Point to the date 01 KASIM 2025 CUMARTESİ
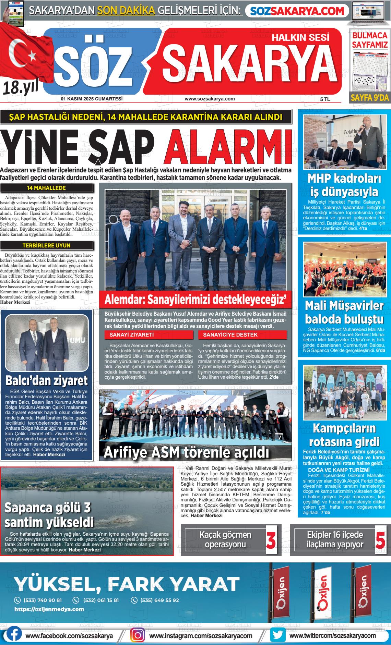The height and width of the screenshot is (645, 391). pos(92,99)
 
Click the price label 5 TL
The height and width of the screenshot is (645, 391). pos(325,99)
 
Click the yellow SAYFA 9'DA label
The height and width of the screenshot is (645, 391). pos(370,98)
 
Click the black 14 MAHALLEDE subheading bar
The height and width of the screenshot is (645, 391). pos(47,188)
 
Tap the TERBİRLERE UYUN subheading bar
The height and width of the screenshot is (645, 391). pos(47,245)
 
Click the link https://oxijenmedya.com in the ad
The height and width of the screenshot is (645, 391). pos(49,609)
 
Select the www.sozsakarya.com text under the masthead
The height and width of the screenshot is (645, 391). pos(210,99)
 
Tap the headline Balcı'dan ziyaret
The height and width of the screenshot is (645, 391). pos(47,380)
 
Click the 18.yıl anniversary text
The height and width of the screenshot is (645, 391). pos(21,88)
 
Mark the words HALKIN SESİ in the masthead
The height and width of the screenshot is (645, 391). pos(300,37)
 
